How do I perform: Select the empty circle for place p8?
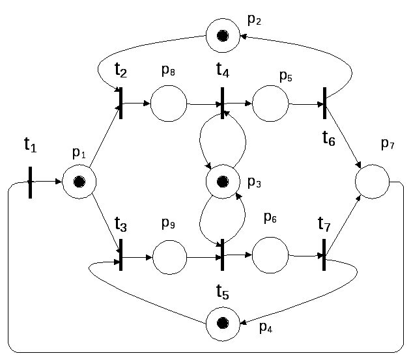click(x=169, y=104)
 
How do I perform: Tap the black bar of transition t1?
click(x=30, y=182)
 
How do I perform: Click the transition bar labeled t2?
click(x=121, y=104)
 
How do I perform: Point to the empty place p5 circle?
click(x=270, y=104)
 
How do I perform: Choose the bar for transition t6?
click(x=324, y=103)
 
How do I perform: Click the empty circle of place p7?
click(x=373, y=182)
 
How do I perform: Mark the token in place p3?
click(x=222, y=182)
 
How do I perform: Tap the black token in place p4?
click(x=222, y=322)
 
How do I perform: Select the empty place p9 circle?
click(x=169, y=256)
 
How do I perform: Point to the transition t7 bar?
click(x=324, y=256)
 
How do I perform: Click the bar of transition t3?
click(x=121, y=256)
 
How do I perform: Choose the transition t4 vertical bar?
click(x=222, y=104)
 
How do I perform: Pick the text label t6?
click(x=328, y=138)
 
